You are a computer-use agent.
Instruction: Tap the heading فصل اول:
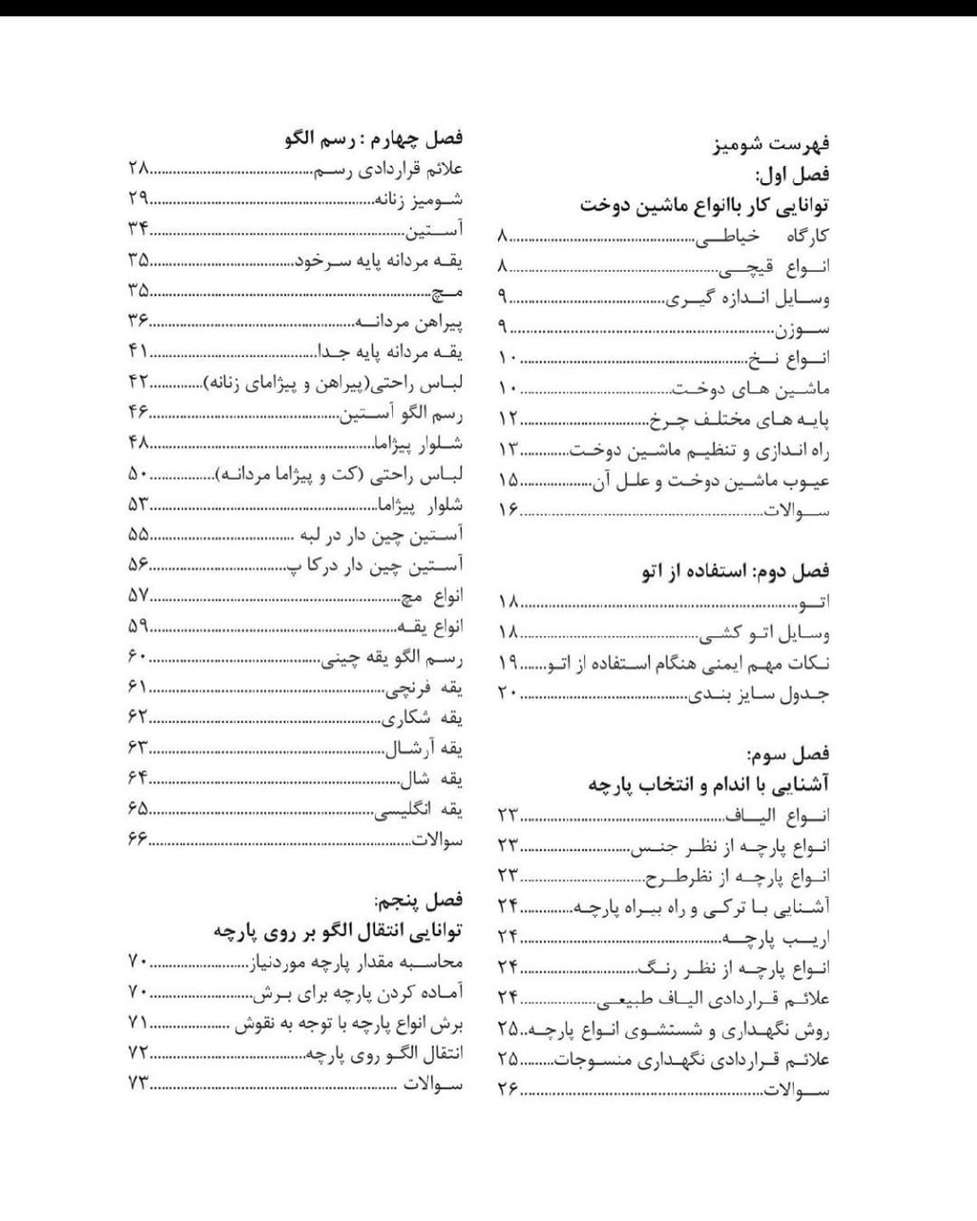(x=793, y=175)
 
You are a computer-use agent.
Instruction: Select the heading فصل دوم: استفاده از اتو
(x=736, y=571)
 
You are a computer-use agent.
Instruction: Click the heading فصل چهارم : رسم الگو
(x=373, y=138)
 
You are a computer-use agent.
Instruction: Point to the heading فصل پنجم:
(x=419, y=900)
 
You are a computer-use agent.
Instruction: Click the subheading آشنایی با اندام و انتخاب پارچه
(x=708, y=784)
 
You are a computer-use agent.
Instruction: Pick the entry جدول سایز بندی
(x=759, y=693)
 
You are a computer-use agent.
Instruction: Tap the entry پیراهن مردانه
(x=408, y=321)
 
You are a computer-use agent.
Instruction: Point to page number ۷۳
(x=137, y=1083)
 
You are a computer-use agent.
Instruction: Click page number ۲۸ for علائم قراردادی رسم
(x=137, y=169)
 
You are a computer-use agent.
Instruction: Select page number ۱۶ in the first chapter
(x=508, y=510)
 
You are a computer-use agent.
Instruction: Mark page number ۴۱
(x=137, y=352)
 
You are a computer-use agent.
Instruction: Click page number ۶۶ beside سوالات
(x=137, y=839)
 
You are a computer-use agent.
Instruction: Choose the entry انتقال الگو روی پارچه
(x=384, y=1054)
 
